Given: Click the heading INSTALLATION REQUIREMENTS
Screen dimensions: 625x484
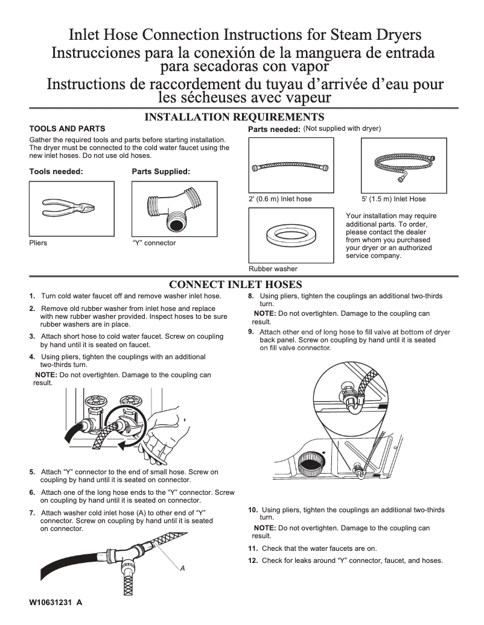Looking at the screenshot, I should tap(235, 117).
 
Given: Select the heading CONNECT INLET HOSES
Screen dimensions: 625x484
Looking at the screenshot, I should tap(235, 284).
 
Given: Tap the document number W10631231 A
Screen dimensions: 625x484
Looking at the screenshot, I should tap(56, 603).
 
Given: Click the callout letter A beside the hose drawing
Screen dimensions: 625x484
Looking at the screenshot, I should tap(182, 568).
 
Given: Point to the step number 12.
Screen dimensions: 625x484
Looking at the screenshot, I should tap(253, 561).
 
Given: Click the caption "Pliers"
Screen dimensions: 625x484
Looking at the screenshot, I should tap(38, 243).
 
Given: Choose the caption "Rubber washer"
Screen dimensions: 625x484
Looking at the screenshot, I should tap(273, 269).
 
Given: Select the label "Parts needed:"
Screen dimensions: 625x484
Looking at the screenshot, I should tap(274, 130).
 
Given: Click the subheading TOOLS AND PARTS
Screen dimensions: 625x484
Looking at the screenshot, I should tap(67, 128).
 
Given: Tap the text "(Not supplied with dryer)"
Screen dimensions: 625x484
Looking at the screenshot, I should tap(342, 128).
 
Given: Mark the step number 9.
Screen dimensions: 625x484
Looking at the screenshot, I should tap(251, 331).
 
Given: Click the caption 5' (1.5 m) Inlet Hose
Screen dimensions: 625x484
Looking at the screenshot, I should tap(393, 199).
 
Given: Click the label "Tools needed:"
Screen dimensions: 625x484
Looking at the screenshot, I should tap(56, 172).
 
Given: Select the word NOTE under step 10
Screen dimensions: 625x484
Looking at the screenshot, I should tap(265, 528).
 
